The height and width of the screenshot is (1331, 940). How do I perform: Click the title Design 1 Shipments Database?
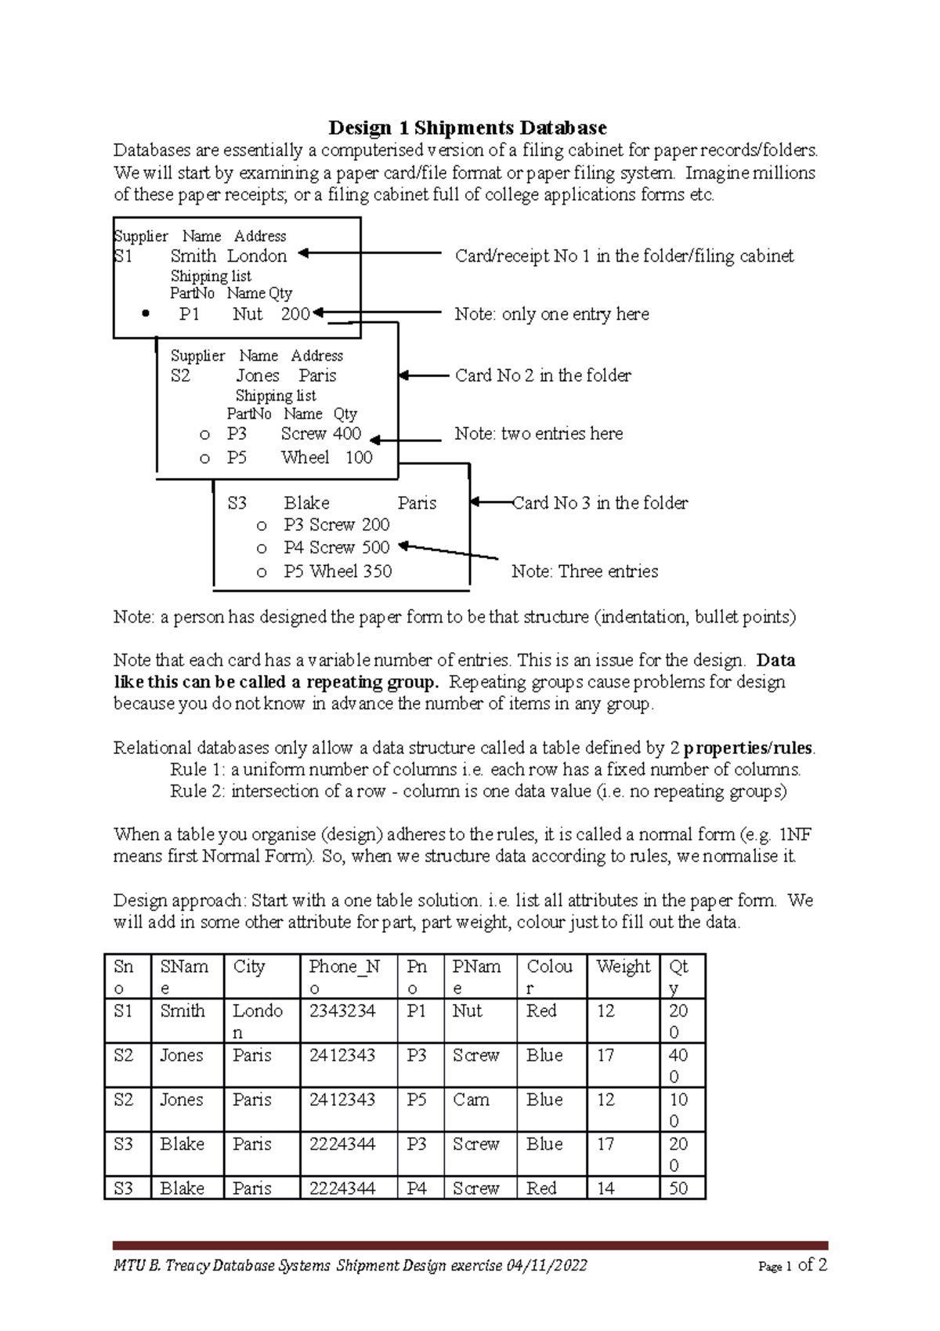coord(467,128)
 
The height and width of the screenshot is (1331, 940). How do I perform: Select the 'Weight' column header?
coord(623,967)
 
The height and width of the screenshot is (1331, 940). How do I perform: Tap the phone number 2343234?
coord(342,1011)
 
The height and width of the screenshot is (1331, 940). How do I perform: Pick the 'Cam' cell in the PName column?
coord(471,1100)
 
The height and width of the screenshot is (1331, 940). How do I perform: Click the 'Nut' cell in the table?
coord(467,1011)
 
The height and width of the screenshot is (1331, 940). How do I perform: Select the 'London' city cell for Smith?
coord(257,1021)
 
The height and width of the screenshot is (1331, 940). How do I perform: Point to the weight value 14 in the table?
coord(606,1188)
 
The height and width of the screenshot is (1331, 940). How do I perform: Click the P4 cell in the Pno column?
coord(417,1188)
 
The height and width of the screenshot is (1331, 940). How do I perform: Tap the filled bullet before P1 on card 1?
coord(146,314)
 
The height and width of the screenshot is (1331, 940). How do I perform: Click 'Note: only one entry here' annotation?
coord(551,314)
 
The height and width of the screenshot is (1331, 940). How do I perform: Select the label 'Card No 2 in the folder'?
coord(543,375)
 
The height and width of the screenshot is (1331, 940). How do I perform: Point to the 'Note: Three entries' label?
coord(584,571)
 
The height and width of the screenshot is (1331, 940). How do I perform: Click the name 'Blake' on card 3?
coord(306,503)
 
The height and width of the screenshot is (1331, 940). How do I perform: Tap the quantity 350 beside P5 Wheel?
coord(377,571)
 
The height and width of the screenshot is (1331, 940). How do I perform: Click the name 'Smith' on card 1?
coord(193,256)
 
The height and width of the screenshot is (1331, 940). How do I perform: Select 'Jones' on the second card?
coord(258,375)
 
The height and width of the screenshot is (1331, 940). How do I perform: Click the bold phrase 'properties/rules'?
coord(747,748)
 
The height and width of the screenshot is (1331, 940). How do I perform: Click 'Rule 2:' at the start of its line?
coord(197,791)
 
